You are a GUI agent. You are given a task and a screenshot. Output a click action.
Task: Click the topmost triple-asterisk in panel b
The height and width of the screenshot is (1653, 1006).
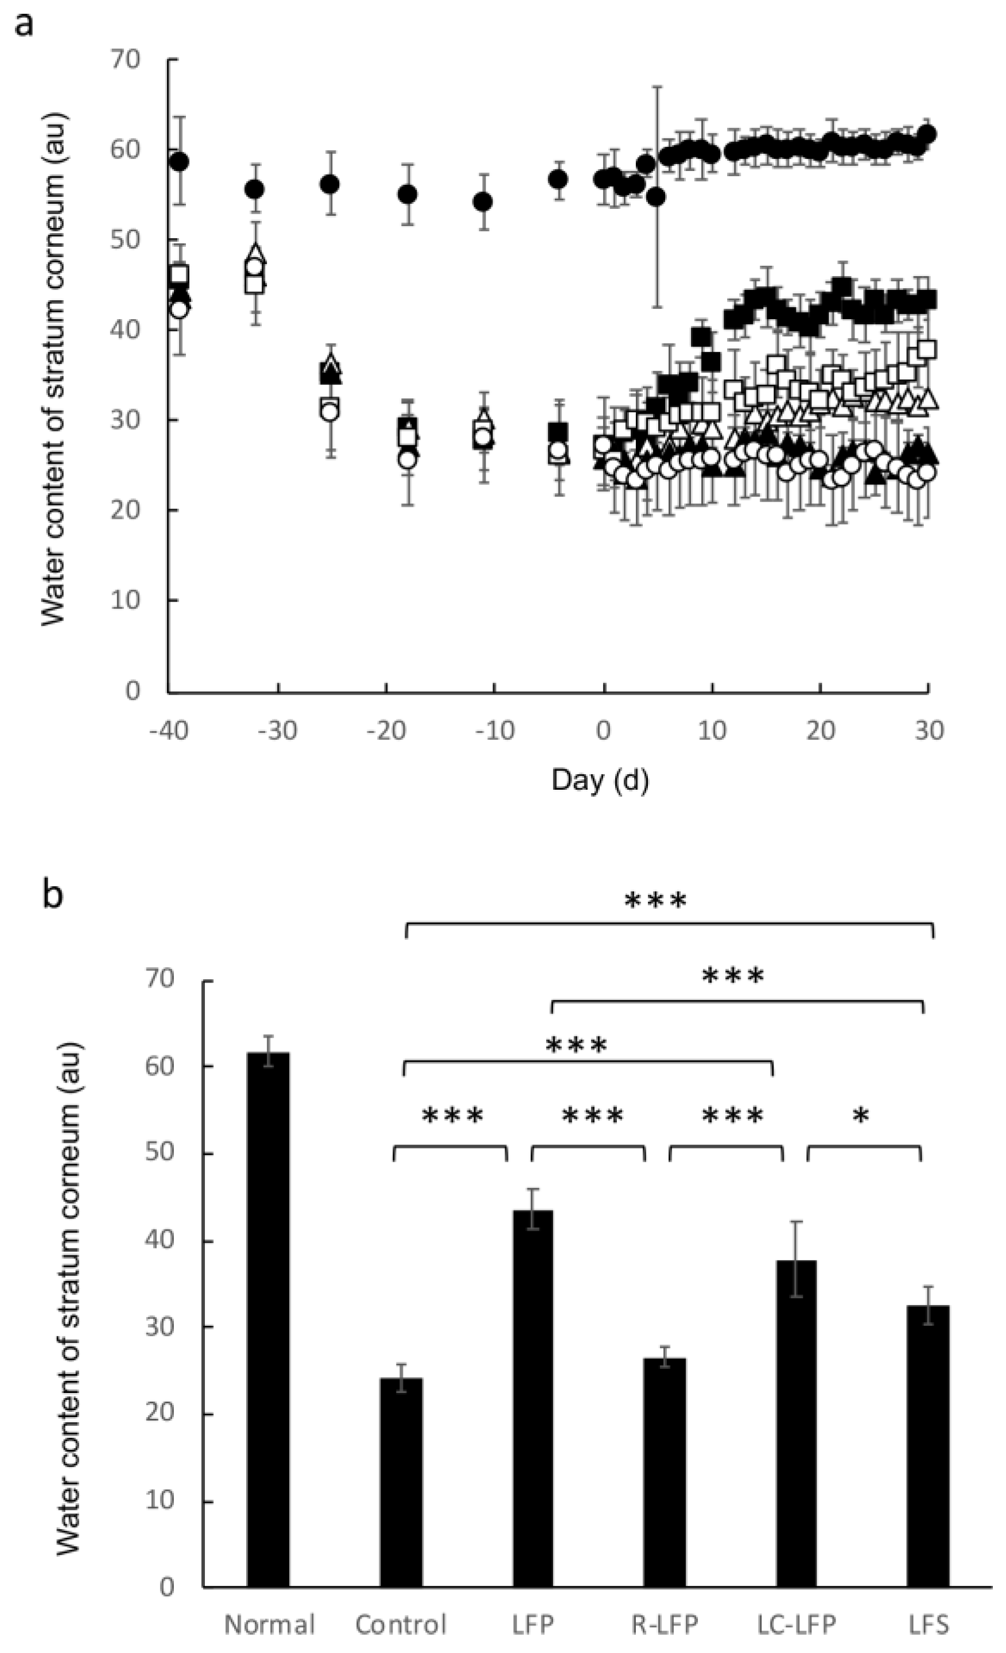point(655,901)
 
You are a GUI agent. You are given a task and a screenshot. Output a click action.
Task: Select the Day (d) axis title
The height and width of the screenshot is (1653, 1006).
point(600,779)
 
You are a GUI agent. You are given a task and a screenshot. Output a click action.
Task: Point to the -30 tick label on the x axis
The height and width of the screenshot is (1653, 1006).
point(278,730)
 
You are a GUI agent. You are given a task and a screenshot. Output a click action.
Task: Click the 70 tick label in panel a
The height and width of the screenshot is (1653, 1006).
point(126,59)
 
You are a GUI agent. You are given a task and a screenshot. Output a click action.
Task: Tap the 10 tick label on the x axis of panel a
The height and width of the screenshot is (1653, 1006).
point(712,730)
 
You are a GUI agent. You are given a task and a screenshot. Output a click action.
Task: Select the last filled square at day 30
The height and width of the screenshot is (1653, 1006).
point(927,299)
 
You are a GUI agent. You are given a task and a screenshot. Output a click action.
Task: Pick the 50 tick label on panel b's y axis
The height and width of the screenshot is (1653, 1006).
point(160,1153)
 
